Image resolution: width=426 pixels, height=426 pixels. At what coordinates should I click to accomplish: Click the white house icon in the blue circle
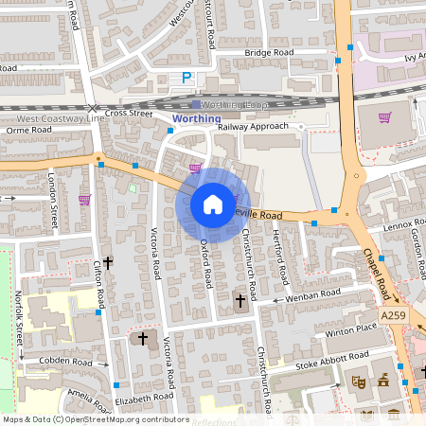(212, 204)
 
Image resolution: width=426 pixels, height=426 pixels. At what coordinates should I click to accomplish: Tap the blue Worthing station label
(197, 118)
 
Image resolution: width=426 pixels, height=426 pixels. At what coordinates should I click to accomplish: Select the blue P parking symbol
(186, 80)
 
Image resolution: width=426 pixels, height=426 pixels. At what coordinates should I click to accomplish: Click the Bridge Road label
(244, 53)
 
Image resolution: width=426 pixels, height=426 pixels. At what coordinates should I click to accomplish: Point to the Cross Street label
(129, 113)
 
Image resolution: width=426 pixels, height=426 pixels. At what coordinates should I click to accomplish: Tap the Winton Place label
(351, 328)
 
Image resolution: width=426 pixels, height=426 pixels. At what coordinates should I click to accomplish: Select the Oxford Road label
(205, 261)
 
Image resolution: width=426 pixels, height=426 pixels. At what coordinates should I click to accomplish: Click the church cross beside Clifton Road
(107, 261)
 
